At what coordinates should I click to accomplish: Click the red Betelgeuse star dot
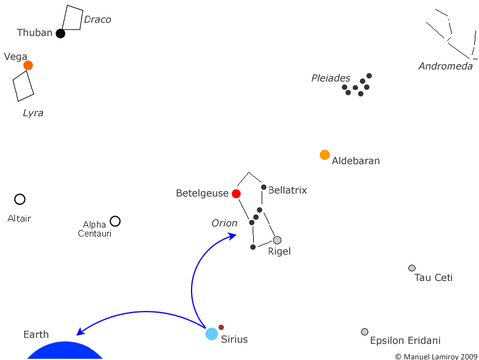pos(236,193)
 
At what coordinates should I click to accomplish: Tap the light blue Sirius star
pos(211,334)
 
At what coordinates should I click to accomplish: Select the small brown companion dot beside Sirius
pos(221,327)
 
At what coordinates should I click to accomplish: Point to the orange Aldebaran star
pos(325,155)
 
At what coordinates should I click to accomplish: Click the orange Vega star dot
pos(28,65)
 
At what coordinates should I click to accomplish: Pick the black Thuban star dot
pos(60,34)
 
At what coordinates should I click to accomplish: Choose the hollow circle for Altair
pos(20,199)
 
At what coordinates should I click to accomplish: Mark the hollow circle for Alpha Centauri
pos(115,221)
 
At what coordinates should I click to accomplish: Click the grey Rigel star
pos(277,240)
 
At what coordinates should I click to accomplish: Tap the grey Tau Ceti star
pos(412,268)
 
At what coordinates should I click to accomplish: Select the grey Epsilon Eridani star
pos(365,332)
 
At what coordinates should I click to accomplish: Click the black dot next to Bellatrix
pos(263,187)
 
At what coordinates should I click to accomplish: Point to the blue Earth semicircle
pos(65,352)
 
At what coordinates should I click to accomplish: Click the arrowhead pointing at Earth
pos(80,332)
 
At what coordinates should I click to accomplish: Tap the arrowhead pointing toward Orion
pos(233,235)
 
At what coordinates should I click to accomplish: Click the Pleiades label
pos(331,78)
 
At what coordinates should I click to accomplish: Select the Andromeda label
pos(445,66)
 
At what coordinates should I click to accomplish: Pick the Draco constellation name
pos(98,20)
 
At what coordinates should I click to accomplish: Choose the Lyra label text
pos(33,113)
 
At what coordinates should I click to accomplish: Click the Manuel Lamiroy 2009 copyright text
pos(436,356)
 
